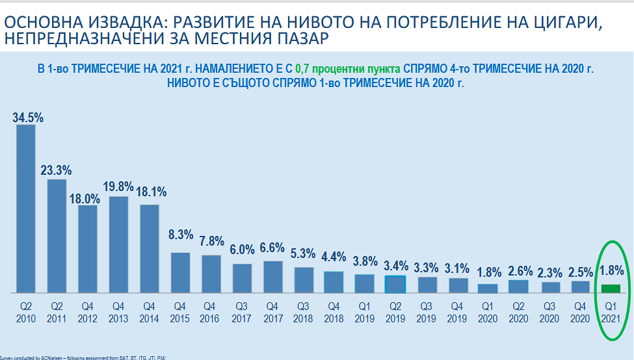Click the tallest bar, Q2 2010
click(25, 208)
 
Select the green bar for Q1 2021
click(611, 289)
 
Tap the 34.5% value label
click(27, 118)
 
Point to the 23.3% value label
click(56, 171)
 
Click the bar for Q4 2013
click(118, 244)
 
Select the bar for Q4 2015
click(180, 272)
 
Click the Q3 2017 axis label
click(242, 313)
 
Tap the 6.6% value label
click(272, 248)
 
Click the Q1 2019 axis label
click(364, 313)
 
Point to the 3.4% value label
click(395, 266)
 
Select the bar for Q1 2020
click(488, 289)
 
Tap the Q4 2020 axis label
click(580, 313)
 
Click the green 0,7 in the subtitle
click(302, 68)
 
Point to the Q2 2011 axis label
click(57, 313)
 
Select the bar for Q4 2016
click(211, 274)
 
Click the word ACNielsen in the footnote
click(47, 357)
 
